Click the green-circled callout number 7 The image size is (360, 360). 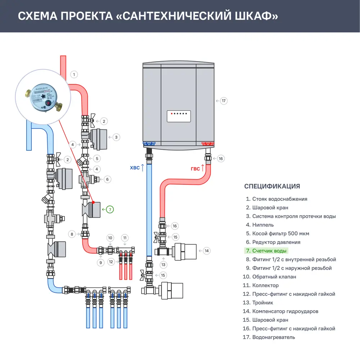[110, 209]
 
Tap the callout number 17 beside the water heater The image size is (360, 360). [224, 101]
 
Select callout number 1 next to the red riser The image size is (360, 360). [74, 75]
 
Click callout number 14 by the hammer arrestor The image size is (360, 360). [206, 251]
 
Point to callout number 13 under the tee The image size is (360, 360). [164, 265]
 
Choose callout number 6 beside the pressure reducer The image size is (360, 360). [107, 179]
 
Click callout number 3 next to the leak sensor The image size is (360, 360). [116, 137]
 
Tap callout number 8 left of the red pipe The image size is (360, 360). [72, 234]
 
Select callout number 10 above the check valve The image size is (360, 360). [111, 238]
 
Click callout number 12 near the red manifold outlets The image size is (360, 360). [111, 262]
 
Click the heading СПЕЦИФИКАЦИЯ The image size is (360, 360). [272, 186]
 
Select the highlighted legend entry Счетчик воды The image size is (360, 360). [269, 251]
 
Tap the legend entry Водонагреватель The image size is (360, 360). [274, 337]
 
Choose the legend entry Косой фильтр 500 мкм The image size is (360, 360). [280, 234]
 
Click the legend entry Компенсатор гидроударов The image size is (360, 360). [285, 311]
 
